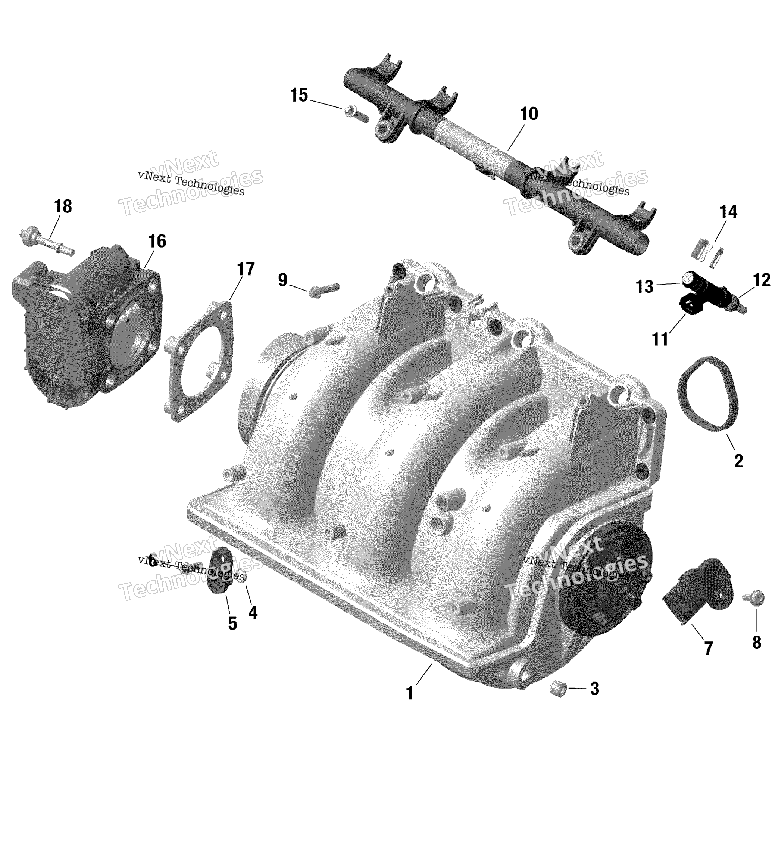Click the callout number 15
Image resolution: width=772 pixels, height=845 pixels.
coord(299,96)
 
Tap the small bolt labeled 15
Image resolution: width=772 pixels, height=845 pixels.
coord(355,113)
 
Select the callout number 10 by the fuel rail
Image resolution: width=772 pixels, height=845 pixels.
coord(529,114)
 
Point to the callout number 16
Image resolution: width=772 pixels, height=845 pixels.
coord(157,242)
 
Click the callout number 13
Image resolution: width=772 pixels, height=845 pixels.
coord(644,287)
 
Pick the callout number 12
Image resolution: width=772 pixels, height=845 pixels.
coord(761,280)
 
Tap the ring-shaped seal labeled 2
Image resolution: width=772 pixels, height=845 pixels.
coord(708,394)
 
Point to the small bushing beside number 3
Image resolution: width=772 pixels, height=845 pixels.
coord(558,689)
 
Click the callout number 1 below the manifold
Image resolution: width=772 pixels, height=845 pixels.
coord(410,693)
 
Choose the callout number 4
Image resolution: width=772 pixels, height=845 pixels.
coord(253,612)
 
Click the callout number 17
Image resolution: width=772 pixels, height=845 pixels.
coord(246,269)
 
